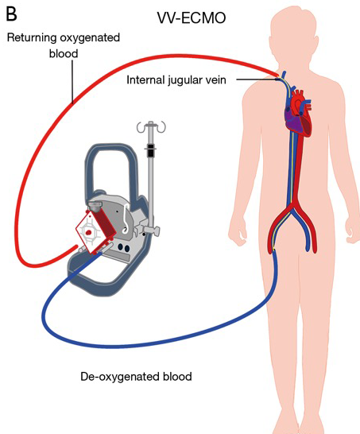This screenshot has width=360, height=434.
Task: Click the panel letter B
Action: pos(12,14)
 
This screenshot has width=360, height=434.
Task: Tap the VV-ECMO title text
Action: pos(192,18)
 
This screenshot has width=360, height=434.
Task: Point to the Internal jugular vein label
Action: pos(176,80)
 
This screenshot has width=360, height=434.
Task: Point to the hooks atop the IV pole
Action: pos(151,126)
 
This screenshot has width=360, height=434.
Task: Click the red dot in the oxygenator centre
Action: pos(89,232)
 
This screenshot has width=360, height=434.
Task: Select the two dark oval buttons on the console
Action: pos(123,248)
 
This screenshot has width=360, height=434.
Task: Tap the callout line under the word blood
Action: pos(72,81)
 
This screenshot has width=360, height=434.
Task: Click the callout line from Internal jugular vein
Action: pos(257,80)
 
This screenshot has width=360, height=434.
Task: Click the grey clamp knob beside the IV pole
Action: pos(153,230)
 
